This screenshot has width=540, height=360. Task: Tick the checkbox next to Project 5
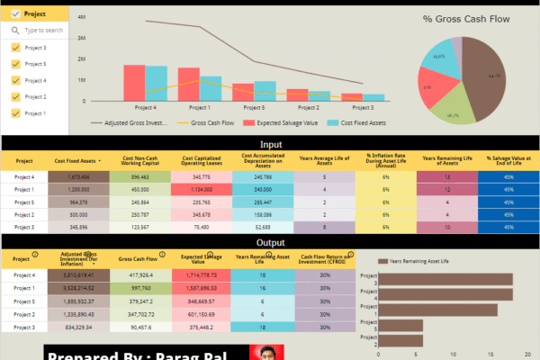click(x=15, y=64)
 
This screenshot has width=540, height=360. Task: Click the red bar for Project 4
click(x=134, y=82)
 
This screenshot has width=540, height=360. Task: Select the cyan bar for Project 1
click(x=211, y=87)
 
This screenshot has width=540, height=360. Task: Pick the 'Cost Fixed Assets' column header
click(x=77, y=160)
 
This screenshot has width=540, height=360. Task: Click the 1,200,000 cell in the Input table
click(x=77, y=190)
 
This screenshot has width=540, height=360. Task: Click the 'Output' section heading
click(x=271, y=241)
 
